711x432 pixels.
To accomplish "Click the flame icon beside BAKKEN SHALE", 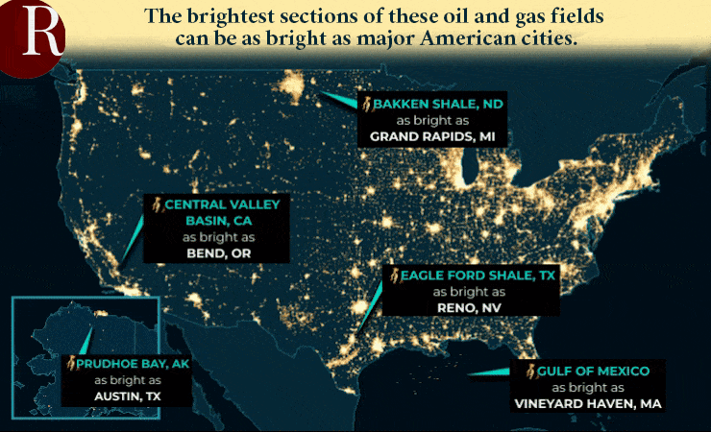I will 366,103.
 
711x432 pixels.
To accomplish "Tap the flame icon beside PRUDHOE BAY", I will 70,364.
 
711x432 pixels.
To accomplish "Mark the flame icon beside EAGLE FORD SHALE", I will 392,276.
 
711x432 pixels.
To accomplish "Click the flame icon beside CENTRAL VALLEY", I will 156,204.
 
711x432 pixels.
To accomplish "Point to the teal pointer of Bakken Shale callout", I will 338,98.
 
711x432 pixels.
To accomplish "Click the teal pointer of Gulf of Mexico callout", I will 490,372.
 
